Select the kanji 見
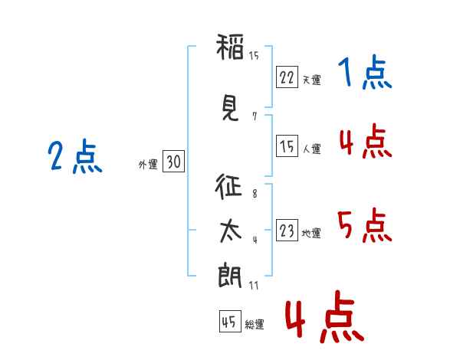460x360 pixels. click(x=230, y=106)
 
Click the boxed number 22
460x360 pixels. click(x=287, y=77)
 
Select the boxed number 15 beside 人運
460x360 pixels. click(x=287, y=146)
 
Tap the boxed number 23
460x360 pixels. click(x=287, y=231)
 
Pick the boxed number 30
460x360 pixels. click(x=173, y=162)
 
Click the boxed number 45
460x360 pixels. click(x=229, y=322)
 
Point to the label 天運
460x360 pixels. click(x=311, y=80)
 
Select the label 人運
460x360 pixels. click(x=311, y=149)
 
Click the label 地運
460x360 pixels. click(x=311, y=233)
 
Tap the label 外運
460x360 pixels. click(x=147, y=164)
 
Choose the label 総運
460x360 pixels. click(x=255, y=325)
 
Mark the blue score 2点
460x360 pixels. click(x=74, y=158)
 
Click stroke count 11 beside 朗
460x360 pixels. click(x=254, y=286)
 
